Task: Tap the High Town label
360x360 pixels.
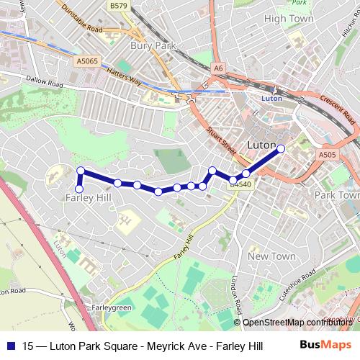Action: pyautogui.click(x=289, y=19)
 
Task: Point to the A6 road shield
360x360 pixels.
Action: pyautogui.click(x=219, y=68)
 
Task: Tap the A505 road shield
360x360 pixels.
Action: pyautogui.click(x=327, y=154)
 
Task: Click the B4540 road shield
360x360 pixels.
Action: pyautogui.click(x=240, y=184)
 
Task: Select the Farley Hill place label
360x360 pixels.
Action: pyautogui.click(x=88, y=197)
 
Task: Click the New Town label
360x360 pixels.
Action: pyautogui.click(x=271, y=256)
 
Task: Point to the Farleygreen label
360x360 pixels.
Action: pyautogui.click(x=112, y=307)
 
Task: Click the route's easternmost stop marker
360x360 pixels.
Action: pyautogui.click(x=281, y=148)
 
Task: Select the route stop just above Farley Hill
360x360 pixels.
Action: pyautogui.click(x=81, y=171)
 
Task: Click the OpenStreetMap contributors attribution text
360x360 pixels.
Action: pyautogui.click(x=299, y=323)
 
